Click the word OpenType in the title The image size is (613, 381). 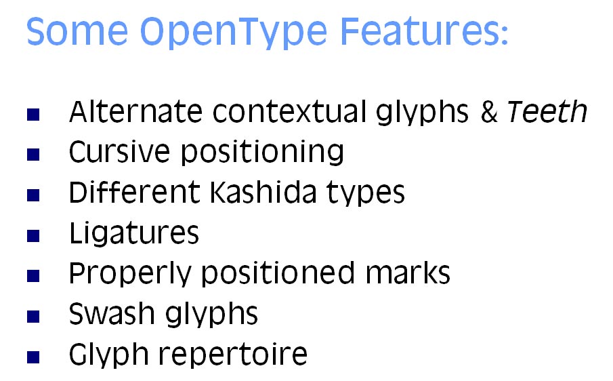point(234,32)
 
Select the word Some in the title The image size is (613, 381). point(77,31)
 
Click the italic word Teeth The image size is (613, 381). point(547,112)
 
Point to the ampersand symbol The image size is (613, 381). point(488,112)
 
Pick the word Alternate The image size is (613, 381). point(135,112)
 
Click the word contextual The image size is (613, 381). point(290,112)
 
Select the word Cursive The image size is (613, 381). point(119,152)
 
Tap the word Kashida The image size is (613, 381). point(263,192)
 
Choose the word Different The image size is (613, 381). point(135,192)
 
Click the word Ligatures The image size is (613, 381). point(134,233)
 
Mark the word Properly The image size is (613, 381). point(130,274)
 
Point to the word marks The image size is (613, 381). point(408,273)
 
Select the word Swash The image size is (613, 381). point(111,314)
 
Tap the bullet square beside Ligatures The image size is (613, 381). point(33,236)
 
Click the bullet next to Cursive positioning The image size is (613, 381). point(33,155)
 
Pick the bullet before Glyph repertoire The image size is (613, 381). point(33,357)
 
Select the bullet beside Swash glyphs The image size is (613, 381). point(33,317)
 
